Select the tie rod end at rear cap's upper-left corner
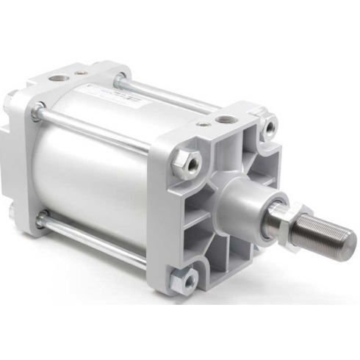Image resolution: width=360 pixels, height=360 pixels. (35, 112)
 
